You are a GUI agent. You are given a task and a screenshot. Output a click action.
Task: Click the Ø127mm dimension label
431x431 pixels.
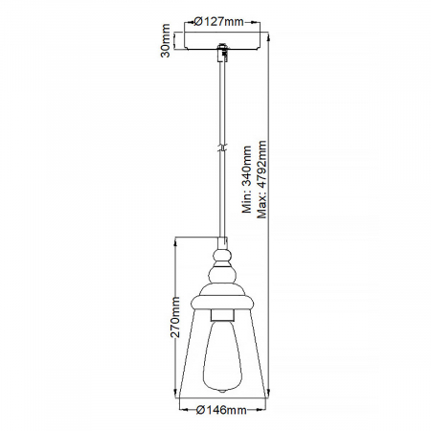(218, 22)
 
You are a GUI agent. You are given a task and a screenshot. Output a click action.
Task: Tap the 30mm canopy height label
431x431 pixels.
(166, 40)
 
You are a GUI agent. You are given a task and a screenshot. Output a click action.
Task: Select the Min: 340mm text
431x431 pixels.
(247, 179)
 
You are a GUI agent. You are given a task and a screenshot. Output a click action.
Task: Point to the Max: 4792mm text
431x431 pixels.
(261, 179)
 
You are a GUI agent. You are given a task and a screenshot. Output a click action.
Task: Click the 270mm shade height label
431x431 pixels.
(175, 317)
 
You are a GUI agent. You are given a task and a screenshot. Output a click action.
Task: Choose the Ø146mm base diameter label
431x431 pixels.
(221, 410)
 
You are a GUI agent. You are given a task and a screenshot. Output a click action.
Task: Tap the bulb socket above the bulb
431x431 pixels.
(222, 314)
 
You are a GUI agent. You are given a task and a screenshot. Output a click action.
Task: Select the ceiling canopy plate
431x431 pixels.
(222, 40)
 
